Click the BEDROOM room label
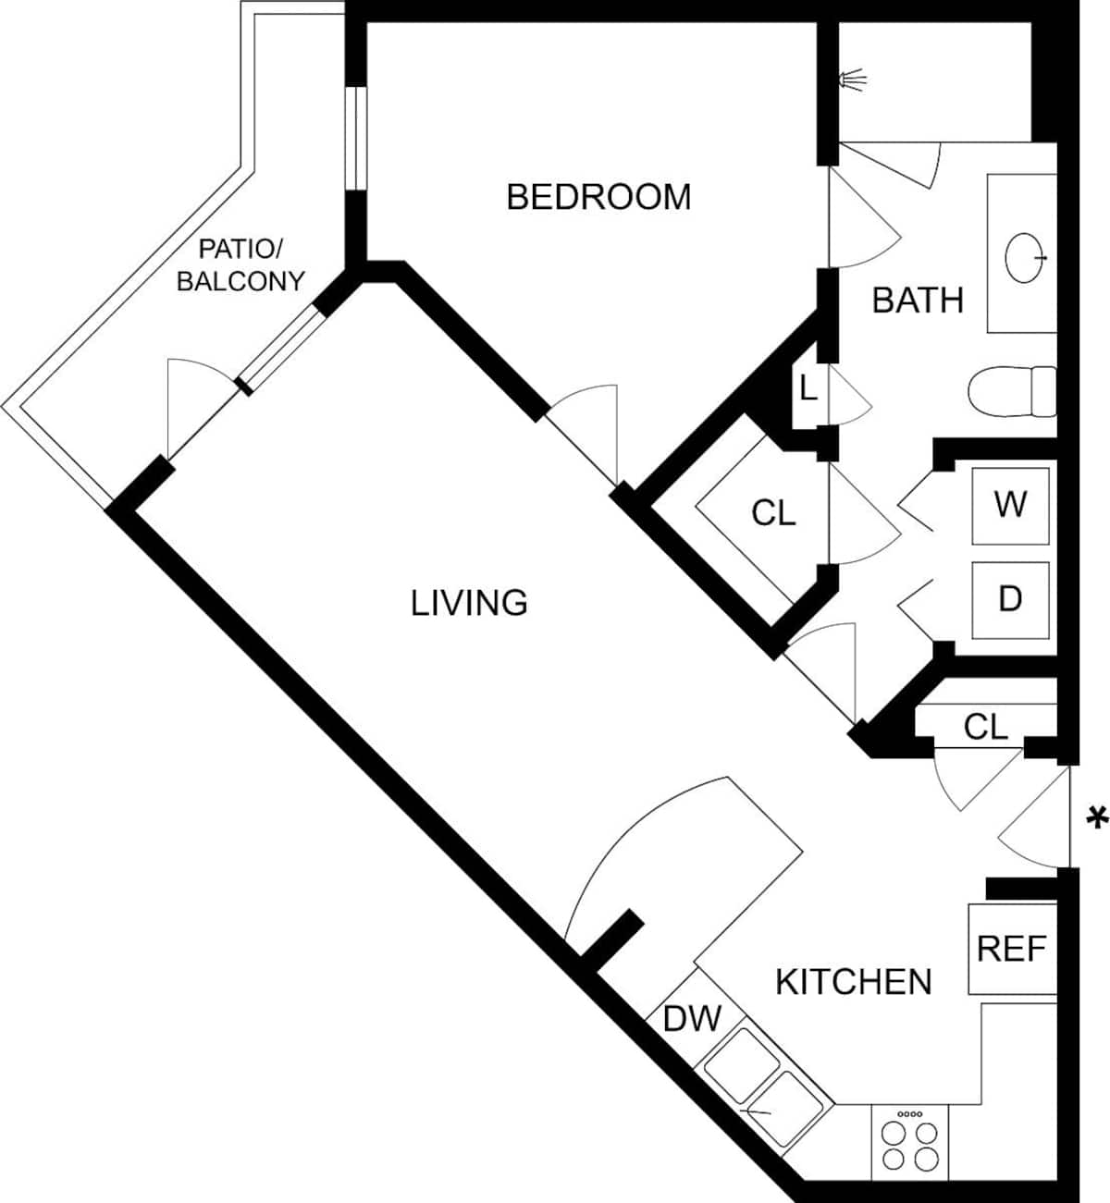tap(598, 197)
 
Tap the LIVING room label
tap(469, 603)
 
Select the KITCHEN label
tap(854, 982)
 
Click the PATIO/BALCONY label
tap(240, 265)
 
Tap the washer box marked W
tap(1010, 506)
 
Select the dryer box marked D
tap(1010, 600)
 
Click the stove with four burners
tap(910, 1141)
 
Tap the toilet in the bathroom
tap(1012, 391)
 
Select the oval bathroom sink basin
tap(1025, 258)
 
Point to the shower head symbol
tap(853, 80)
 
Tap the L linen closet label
tap(808, 388)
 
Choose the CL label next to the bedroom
tap(773, 514)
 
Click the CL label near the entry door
tap(986, 727)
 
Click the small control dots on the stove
tap(910, 1114)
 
